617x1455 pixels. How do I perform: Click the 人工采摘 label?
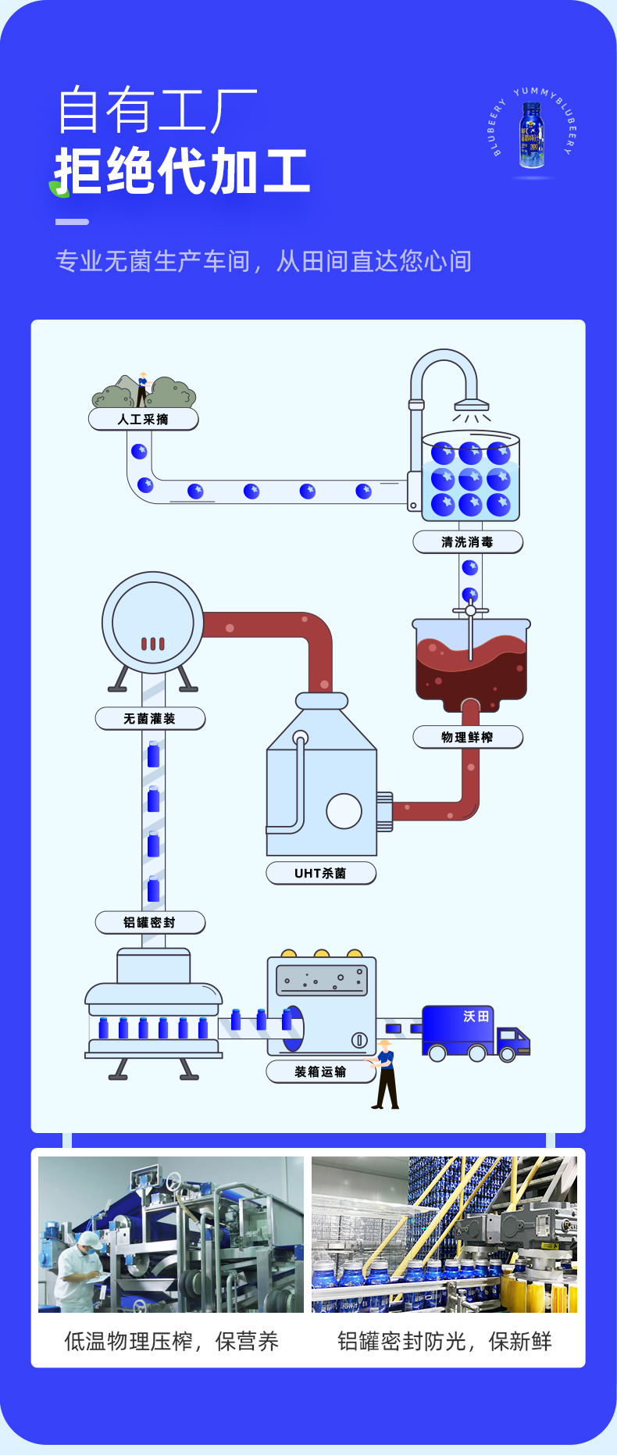pyautogui.click(x=143, y=420)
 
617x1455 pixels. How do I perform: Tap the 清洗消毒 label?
pyautogui.click(x=467, y=542)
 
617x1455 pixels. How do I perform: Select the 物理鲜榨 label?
pyautogui.click(x=467, y=738)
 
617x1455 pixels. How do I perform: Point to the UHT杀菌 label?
pyautogui.click(x=320, y=874)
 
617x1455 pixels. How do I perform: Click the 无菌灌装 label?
pyautogui.click(x=149, y=719)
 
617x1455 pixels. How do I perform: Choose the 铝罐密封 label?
pyautogui.click(x=149, y=923)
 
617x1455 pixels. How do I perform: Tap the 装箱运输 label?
pyautogui.click(x=320, y=1072)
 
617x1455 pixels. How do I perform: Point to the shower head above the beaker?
pyautogui.click(x=472, y=406)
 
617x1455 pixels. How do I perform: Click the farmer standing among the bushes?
pyautogui.click(x=142, y=388)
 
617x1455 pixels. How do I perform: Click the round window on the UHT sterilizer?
pyautogui.click(x=344, y=811)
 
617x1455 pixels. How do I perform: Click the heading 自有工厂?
pyautogui.click(x=157, y=111)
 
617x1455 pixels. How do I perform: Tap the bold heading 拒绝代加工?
pyautogui.click(x=182, y=172)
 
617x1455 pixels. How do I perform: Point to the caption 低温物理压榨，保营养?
pyautogui.click(x=171, y=1342)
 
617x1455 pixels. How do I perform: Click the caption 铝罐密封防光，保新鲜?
pyautogui.click(x=444, y=1342)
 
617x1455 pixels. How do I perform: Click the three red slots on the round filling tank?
pyautogui.click(x=153, y=644)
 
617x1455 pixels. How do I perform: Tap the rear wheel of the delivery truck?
pyautogui.click(x=437, y=1053)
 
